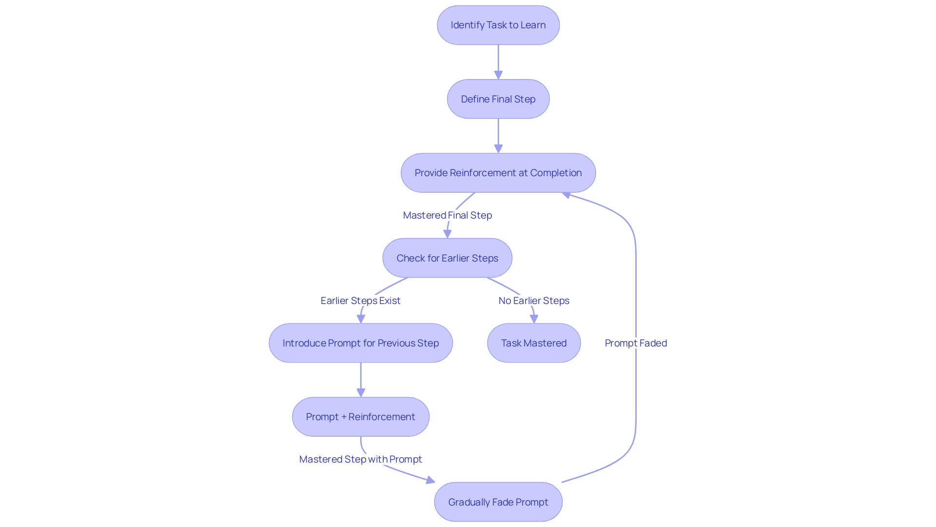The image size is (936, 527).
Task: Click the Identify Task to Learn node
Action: coord(498,25)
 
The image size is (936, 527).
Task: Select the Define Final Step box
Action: coord(498,99)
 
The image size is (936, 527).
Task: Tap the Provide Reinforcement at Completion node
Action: coord(498,173)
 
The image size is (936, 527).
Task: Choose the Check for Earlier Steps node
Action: coord(447,258)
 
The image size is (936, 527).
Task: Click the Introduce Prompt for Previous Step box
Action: coord(360,343)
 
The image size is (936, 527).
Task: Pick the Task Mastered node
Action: coord(533,343)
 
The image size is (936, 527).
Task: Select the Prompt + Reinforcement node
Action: coord(360,417)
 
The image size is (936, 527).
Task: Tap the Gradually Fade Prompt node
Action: coord(498,502)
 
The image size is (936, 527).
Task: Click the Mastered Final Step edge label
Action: coord(447,215)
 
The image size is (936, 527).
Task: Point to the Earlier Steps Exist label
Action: coord(360,301)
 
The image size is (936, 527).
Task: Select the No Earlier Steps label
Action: coord(533,301)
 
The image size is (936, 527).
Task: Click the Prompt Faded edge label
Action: coord(635,343)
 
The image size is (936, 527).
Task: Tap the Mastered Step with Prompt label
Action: coord(360,459)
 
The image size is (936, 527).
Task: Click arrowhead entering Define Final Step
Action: coord(498,75)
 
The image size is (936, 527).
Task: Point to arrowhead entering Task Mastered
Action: coord(534,319)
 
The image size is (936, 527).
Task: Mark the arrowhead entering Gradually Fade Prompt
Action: coord(430,481)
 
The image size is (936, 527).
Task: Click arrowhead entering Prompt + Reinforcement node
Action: coord(361,392)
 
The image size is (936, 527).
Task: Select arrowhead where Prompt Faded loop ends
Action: coord(566,195)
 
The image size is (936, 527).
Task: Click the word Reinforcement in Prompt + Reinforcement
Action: coord(381,417)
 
